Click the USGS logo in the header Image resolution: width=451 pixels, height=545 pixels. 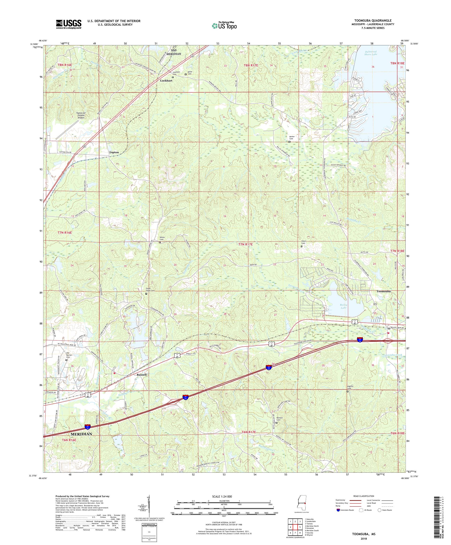pos(69,24)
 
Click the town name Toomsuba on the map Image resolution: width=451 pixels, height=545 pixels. pos(383,292)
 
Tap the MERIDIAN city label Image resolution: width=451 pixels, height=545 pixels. pos(82,434)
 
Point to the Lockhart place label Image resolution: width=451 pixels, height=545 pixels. pos(166,81)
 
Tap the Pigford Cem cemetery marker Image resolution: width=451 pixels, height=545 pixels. pos(347,392)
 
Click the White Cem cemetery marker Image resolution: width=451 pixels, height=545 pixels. pos(160,242)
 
